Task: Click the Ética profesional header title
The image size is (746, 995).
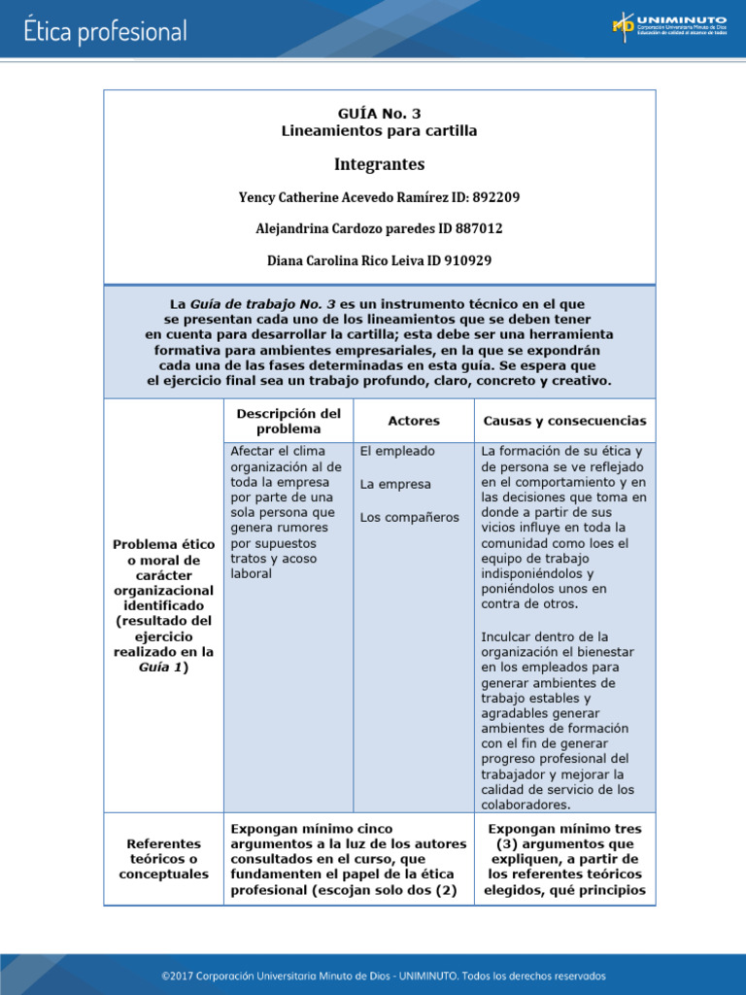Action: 105,31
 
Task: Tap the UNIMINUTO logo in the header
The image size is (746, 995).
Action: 668,26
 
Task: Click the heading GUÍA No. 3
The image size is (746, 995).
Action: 379,113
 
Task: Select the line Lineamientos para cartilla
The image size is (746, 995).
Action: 379,130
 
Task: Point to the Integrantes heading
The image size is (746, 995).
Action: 379,164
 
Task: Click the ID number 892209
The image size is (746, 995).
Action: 495,197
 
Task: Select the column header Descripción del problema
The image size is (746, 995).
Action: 288,421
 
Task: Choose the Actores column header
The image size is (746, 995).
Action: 414,421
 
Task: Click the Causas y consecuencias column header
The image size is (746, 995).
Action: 564,421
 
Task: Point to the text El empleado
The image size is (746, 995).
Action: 397,451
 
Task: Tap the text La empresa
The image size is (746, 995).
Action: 395,484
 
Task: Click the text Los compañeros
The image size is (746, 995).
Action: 409,517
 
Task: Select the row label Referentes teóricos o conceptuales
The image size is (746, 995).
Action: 163,858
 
